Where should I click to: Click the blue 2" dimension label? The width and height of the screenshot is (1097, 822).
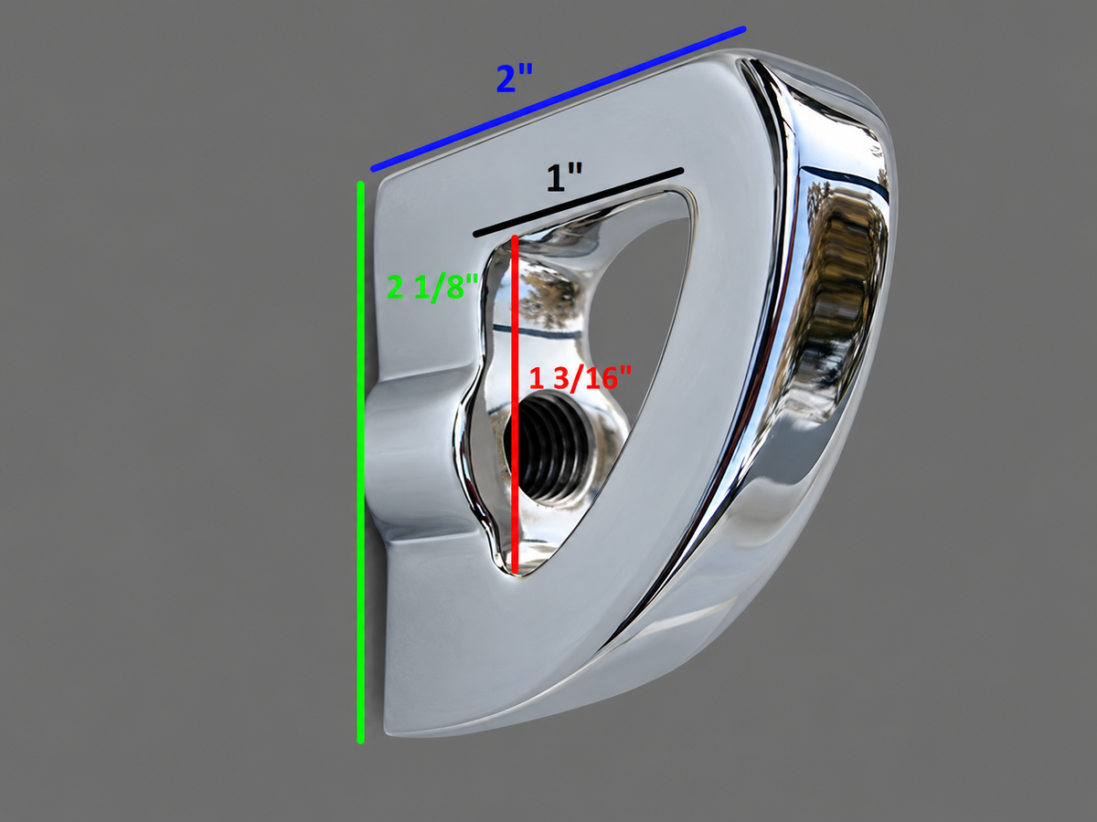coord(515,79)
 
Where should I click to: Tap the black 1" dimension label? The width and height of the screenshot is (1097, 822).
coord(565,178)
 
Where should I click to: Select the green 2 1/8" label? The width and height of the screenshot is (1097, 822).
coord(432,287)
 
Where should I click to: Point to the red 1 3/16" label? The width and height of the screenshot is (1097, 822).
coord(580,378)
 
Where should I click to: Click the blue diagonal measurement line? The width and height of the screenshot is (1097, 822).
coord(559,99)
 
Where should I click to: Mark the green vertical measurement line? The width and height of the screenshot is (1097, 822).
coord(360,462)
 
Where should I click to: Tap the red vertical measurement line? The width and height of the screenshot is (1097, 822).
coord(515,405)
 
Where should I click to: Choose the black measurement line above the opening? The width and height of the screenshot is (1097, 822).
coord(579,203)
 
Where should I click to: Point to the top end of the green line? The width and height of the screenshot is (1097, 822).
coord(360,184)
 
